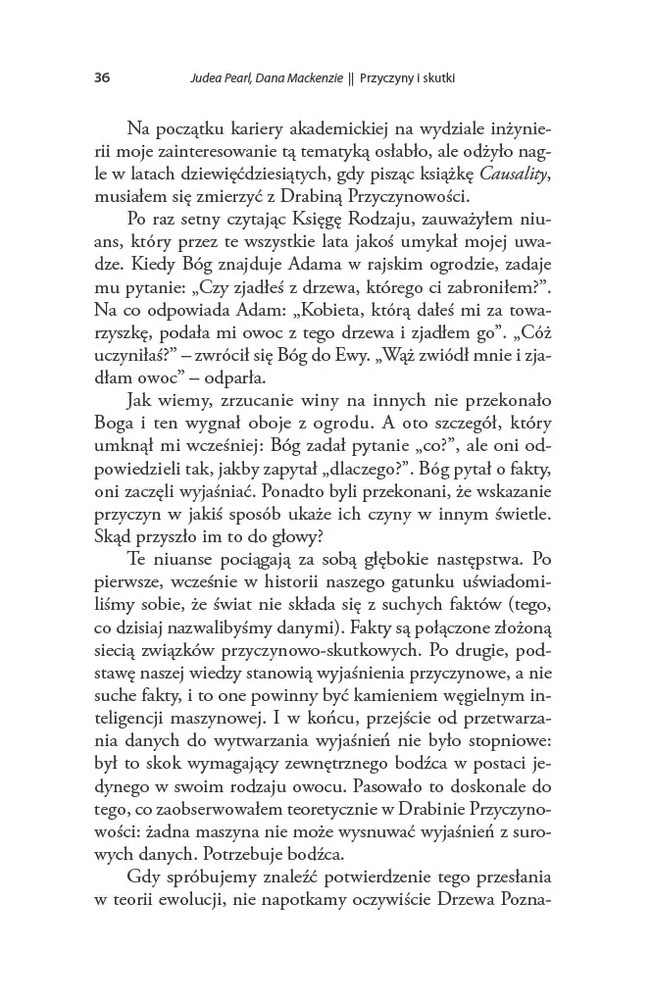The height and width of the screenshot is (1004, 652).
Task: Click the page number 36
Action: point(102,76)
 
